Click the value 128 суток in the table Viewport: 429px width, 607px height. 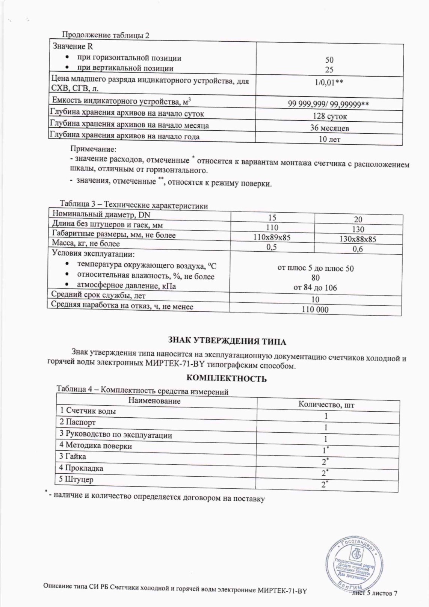[329, 116]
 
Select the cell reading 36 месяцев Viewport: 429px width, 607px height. [329, 128]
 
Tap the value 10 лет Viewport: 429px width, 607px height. [329, 139]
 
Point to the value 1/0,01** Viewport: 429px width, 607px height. [329, 82]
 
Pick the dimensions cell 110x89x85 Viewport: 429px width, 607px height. [272, 237]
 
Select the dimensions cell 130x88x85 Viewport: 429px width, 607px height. [358, 239]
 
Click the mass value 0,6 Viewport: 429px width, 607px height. [358, 249]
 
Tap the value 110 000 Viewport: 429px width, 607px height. [315, 310]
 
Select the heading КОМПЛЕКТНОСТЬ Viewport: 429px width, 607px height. [227, 378]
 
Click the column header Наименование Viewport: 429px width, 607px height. [154, 401]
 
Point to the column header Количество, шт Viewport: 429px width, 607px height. [326, 405]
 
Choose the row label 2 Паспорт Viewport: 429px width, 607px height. [77, 422]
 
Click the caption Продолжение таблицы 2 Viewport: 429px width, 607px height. [105, 35]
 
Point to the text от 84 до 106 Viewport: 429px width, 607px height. [315, 288]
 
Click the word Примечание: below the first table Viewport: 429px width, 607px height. [93, 149]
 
